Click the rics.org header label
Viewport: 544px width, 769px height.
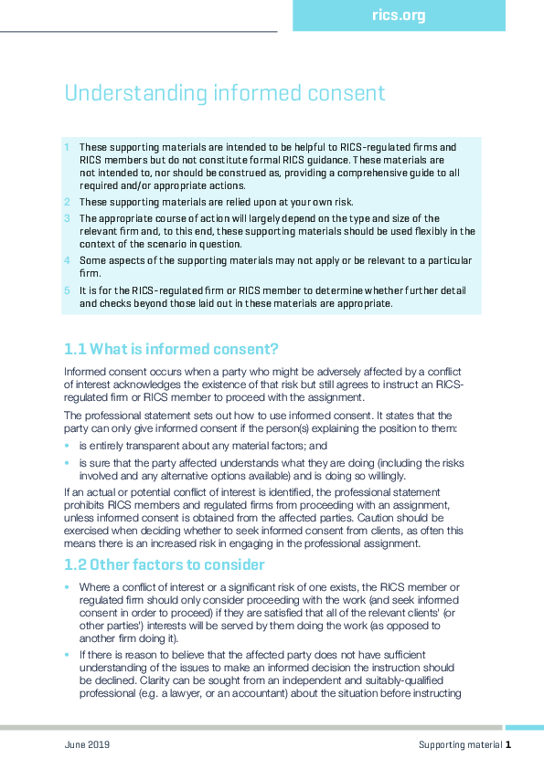click(399, 16)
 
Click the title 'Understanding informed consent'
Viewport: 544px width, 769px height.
click(224, 93)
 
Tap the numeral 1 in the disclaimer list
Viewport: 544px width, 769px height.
click(67, 147)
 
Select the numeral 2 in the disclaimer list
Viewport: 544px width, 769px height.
click(67, 202)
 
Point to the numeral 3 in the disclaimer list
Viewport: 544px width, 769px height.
click(67, 218)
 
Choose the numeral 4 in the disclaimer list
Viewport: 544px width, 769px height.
click(67, 260)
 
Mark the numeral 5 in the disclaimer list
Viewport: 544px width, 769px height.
click(67, 290)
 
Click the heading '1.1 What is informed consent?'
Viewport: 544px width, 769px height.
click(171, 349)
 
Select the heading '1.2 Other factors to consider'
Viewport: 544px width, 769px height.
click(165, 564)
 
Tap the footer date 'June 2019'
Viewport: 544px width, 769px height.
click(87, 745)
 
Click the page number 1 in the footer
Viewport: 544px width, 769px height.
click(507, 745)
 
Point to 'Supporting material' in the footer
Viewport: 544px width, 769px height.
click(460, 745)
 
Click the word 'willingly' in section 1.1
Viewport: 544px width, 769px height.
click(384, 476)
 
